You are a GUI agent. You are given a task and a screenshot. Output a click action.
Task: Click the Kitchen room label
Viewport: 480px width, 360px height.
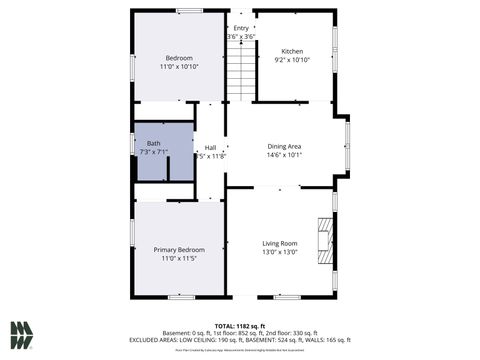292,51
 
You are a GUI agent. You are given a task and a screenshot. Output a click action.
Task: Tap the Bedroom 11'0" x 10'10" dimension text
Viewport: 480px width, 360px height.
180,67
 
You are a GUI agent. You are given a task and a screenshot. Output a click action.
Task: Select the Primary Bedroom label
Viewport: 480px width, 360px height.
179,249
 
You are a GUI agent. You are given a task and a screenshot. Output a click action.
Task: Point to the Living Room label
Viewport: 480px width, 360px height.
280,243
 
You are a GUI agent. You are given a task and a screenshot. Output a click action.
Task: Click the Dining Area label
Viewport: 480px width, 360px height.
284,146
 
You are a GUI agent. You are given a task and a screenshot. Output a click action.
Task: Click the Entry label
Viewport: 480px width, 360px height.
241,28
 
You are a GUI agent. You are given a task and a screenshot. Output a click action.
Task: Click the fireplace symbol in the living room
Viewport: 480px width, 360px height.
323,240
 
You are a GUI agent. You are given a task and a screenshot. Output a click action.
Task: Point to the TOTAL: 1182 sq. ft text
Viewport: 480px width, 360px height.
240,326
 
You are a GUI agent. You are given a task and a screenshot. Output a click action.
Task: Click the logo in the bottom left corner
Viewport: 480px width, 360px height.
22,335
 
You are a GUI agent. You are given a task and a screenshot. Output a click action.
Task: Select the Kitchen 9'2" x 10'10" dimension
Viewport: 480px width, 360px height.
292,60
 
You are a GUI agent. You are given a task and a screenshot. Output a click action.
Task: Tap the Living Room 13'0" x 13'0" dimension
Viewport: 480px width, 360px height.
280,252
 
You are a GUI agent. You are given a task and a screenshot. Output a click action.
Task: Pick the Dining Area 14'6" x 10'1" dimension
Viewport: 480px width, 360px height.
284,155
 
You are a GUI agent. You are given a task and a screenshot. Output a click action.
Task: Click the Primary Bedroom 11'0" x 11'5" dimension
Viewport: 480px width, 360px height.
179,258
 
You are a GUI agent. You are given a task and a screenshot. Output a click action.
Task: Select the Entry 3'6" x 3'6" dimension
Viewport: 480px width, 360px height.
241,37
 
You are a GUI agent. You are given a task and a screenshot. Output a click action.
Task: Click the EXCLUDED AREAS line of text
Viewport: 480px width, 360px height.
240,340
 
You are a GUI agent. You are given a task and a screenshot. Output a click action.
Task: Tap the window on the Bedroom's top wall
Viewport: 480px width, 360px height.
190,11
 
